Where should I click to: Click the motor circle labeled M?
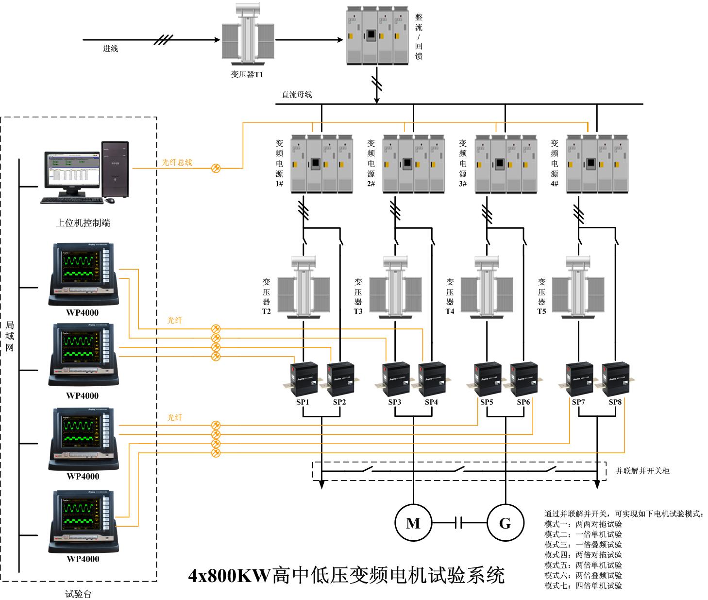click(x=413, y=523)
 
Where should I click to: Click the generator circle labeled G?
click(x=506, y=523)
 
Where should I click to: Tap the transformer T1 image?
click(x=248, y=35)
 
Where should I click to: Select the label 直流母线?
click(x=297, y=95)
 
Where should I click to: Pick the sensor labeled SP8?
click(x=616, y=379)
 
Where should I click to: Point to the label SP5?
click(x=487, y=402)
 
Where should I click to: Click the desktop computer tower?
click(x=116, y=169)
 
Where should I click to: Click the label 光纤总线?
click(x=177, y=162)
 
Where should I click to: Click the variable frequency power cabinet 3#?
click(x=506, y=164)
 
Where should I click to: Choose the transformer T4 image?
click(x=487, y=288)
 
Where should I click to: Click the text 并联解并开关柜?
click(x=642, y=470)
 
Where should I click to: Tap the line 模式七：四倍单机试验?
click(x=583, y=586)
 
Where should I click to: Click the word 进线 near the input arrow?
click(x=110, y=49)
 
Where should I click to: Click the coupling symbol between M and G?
click(x=459, y=523)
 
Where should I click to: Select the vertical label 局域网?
click(x=10, y=335)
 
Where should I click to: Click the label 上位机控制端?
click(x=83, y=223)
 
